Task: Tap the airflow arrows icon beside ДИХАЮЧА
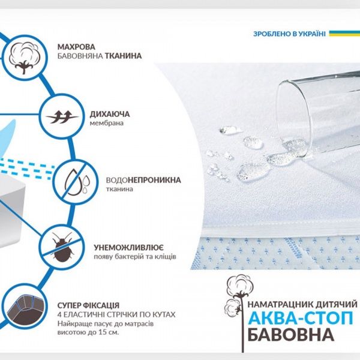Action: (58, 112)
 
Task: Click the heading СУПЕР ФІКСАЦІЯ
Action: (89, 305)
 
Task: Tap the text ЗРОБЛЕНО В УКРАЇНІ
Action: (289, 34)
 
